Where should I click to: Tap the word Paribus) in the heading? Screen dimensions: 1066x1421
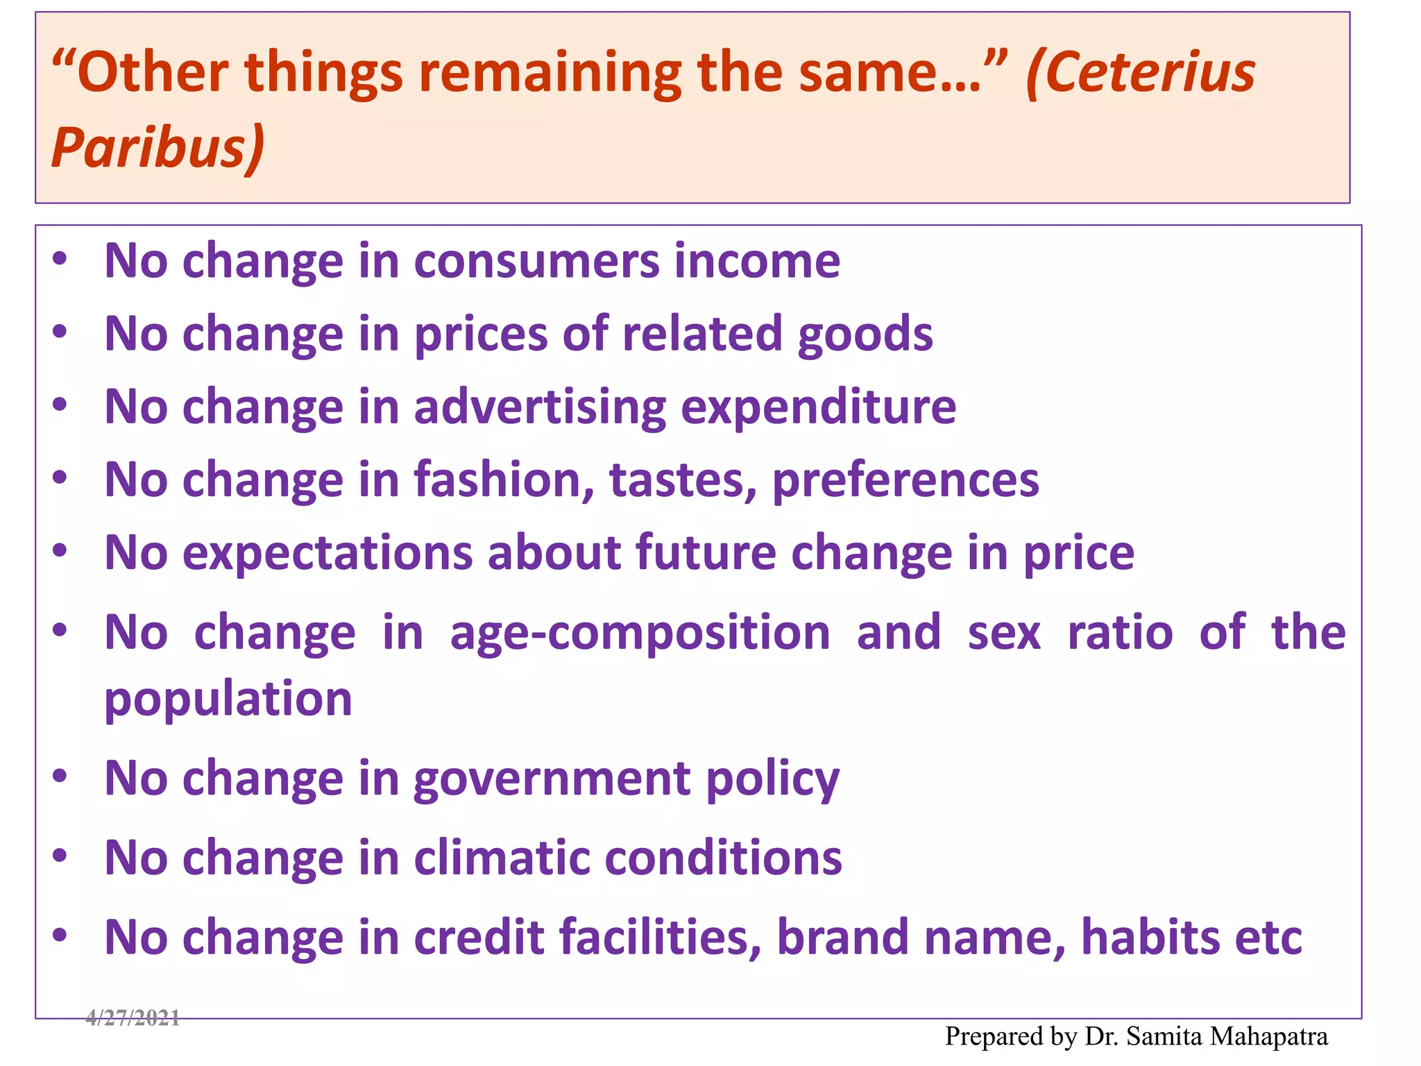click(x=158, y=147)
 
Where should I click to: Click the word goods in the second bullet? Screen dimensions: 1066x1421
click(x=865, y=335)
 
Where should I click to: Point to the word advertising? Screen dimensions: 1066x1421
click(x=540, y=408)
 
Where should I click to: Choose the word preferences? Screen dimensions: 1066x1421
click(x=905, y=481)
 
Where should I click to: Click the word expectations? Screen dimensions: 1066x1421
click(x=327, y=553)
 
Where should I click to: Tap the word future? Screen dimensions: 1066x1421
click(x=706, y=553)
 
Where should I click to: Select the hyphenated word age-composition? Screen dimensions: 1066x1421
click(x=640, y=634)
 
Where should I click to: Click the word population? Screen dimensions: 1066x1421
click(x=228, y=700)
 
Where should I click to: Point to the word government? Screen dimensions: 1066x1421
click(x=552, y=779)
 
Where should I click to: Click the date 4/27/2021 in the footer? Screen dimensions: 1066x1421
click(x=133, y=1018)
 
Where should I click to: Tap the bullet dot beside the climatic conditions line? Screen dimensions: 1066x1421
click(x=60, y=856)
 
